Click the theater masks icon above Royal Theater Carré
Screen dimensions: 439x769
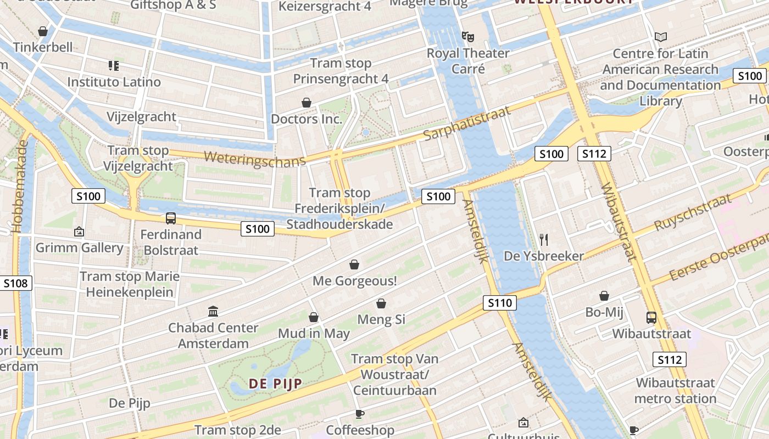[467, 37]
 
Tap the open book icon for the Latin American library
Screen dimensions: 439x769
[660, 37]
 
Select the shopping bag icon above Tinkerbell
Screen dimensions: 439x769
[43, 31]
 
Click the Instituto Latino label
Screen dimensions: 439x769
[114, 82]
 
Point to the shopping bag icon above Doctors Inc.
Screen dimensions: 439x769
[307, 103]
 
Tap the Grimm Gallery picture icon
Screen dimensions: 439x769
[79, 232]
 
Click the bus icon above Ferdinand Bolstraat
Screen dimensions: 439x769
[171, 218]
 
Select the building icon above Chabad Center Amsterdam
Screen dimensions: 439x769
[213, 312]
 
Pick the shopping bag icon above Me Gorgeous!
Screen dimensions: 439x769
[354, 264]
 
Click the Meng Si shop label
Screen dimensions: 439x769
[381, 319]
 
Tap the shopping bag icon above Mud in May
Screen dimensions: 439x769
[314, 317]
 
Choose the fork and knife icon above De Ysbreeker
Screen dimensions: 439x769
[544, 239]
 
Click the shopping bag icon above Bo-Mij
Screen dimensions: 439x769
[604, 296]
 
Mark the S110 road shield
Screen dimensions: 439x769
[500, 302]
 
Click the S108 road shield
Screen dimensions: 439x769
[15, 283]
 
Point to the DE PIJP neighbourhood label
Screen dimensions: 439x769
[276, 384]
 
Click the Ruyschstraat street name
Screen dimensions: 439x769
[693, 212]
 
